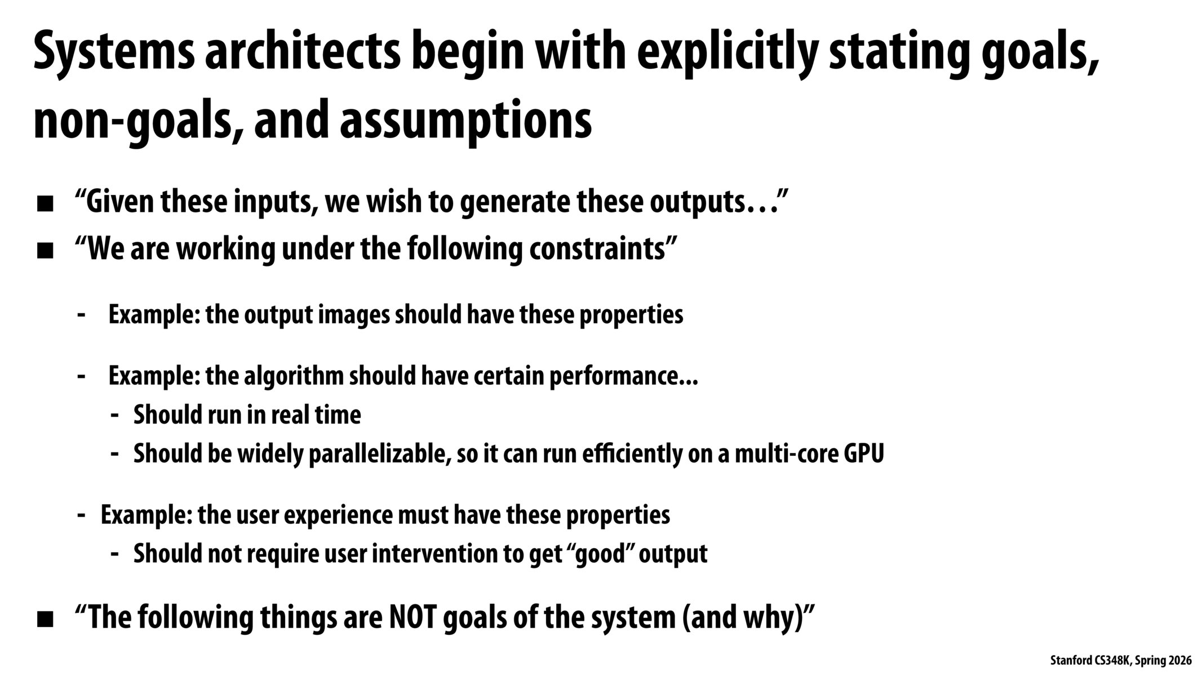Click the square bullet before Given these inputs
[45, 204]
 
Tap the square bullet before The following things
[45, 620]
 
